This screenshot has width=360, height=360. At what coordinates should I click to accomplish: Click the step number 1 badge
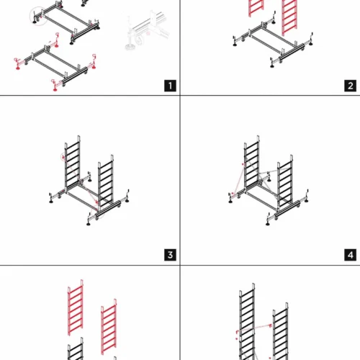[x=170, y=86]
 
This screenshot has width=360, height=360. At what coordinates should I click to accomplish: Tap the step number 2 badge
[x=350, y=86]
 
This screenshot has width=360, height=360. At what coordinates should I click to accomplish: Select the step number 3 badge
[x=170, y=255]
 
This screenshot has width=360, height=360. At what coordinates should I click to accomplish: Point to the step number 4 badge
[x=350, y=255]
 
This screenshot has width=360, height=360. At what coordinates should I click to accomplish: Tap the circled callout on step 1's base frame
[x=38, y=16]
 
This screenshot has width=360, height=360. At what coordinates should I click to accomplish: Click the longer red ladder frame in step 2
[x=289, y=17]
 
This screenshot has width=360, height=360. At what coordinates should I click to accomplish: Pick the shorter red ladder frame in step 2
[x=256, y=8]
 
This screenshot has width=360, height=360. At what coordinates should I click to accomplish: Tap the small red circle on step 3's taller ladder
[x=63, y=157]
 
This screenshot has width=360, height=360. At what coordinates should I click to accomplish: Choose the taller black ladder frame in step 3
[x=72, y=163]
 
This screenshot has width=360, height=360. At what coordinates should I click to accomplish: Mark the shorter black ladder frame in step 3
[x=106, y=181]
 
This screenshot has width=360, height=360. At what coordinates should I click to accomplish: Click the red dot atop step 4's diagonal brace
[x=243, y=164]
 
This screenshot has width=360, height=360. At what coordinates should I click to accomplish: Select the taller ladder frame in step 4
[x=252, y=163]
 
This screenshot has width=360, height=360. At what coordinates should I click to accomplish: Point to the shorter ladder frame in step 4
[x=285, y=181]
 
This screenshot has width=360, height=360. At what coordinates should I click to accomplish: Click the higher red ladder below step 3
[x=76, y=307]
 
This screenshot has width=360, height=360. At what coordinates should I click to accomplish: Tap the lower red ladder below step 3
[x=109, y=327]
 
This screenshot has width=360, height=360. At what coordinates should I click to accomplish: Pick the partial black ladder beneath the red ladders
[x=76, y=348]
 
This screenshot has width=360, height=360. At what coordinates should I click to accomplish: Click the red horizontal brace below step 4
[x=254, y=328]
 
